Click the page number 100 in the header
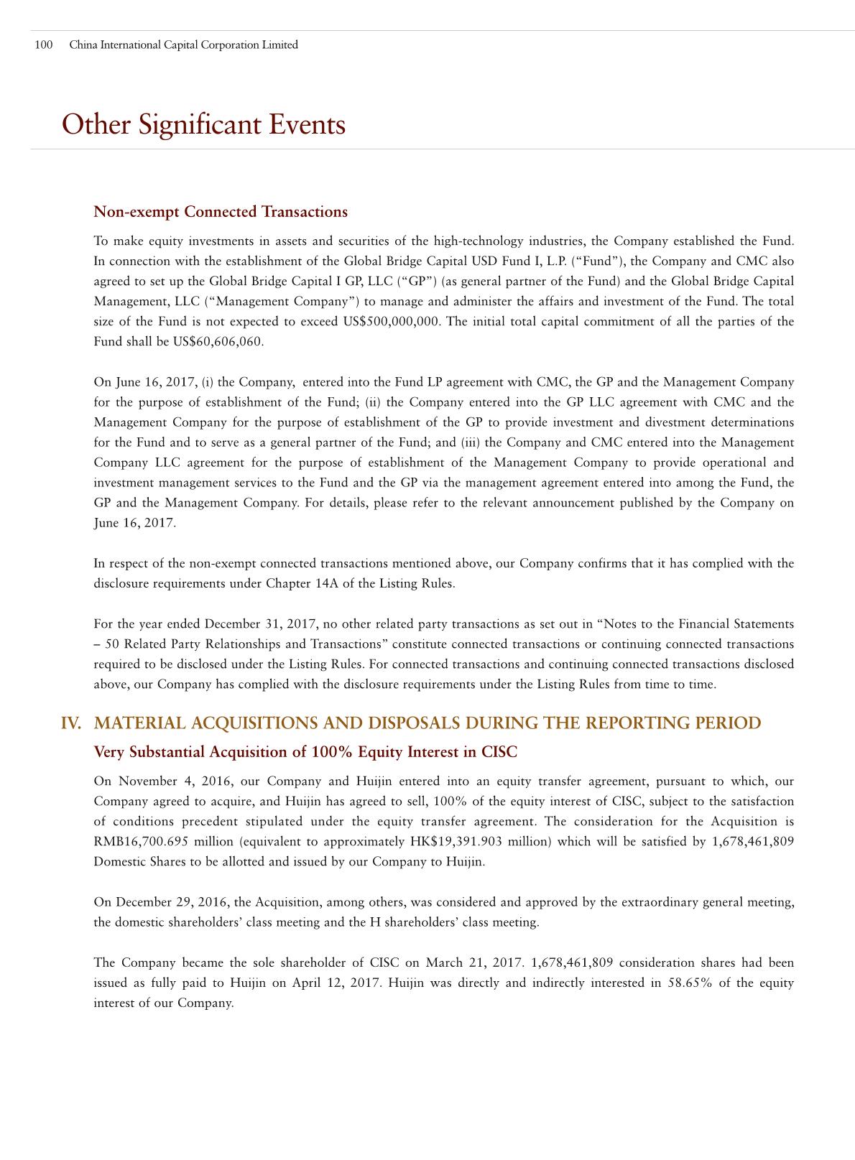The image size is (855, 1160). [43, 45]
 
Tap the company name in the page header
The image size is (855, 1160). [183, 45]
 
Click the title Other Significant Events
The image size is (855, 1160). [203, 125]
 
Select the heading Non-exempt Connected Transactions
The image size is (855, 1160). [221, 212]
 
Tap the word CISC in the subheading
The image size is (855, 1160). [499, 753]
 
